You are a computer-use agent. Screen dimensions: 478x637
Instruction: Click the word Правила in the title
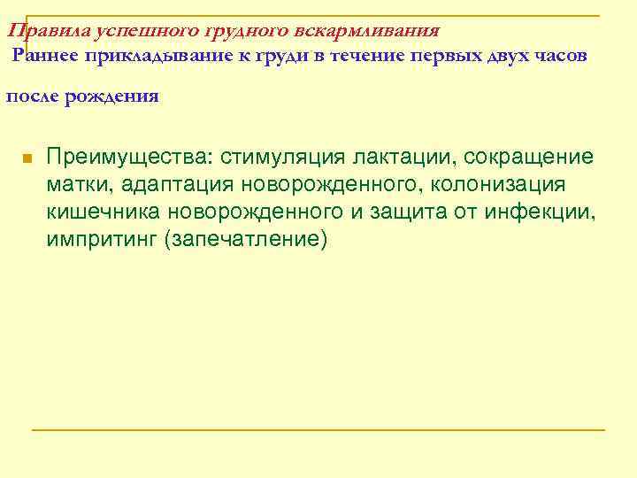(x=36, y=30)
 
